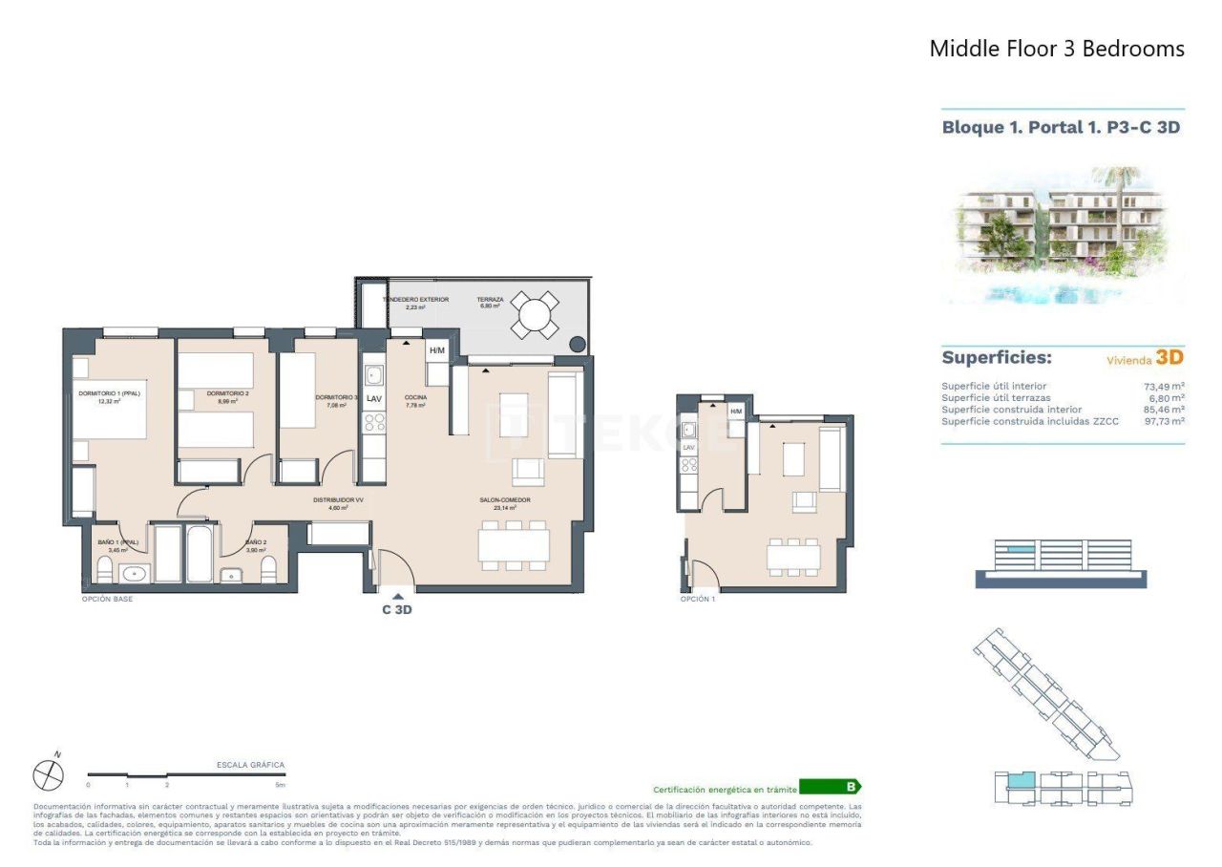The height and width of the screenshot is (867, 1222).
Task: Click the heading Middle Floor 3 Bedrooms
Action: (x=1057, y=49)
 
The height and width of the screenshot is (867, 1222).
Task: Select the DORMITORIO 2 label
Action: (x=214, y=393)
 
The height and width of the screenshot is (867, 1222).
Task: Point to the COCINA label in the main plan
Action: (x=415, y=397)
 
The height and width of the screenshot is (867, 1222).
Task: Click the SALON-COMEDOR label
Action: (x=505, y=500)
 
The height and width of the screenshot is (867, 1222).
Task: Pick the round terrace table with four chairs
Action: (x=535, y=314)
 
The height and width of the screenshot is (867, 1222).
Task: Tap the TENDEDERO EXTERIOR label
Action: (x=415, y=300)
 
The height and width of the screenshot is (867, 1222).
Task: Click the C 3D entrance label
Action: (x=396, y=610)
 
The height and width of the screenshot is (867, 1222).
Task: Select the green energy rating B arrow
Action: (x=830, y=788)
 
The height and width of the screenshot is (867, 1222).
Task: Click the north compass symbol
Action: (x=48, y=774)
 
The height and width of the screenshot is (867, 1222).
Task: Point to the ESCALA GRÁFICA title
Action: (x=250, y=765)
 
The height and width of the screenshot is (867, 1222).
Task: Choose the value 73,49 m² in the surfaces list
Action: (x=1164, y=387)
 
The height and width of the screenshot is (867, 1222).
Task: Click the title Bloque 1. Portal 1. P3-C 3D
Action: (x=1061, y=127)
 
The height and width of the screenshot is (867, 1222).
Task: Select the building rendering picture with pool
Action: (x=1063, y=234)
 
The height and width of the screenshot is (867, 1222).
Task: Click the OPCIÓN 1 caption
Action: (x=697, y=599)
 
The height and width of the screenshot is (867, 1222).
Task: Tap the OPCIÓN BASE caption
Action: (x=107, y=599)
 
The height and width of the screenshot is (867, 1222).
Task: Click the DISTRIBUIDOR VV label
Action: (x=338, y=500)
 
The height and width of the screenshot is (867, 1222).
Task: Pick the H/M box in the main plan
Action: (x=437, y=350)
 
